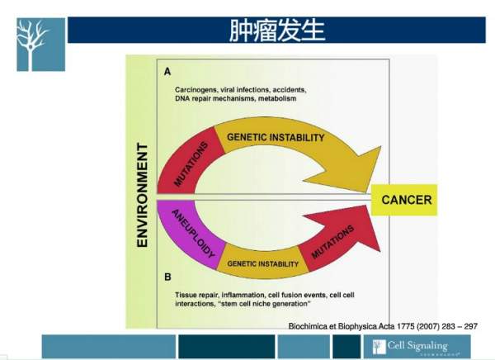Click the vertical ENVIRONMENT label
tap(141, 196)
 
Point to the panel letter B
tap(167, 277)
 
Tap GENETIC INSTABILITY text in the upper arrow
tap(276, 137)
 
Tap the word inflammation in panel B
tap(244, 294)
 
